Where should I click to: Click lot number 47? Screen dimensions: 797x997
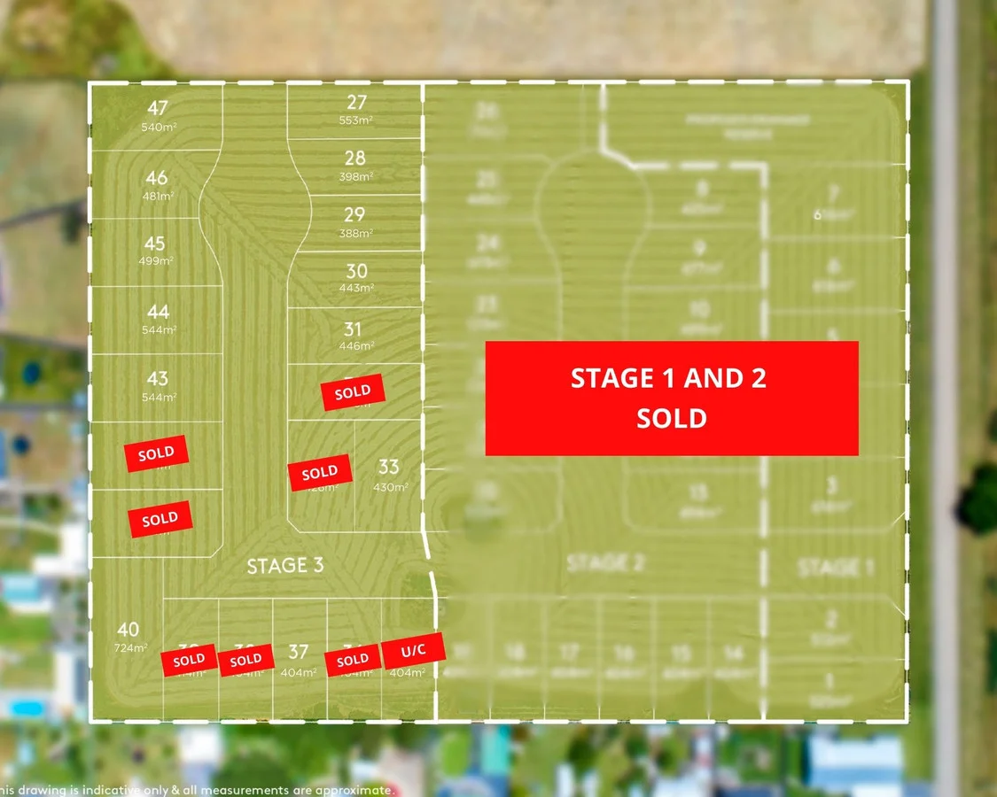(x=158, y=109)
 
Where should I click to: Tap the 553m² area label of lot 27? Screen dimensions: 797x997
(x=356, y=120)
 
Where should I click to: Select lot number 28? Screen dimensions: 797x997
(x=355, y=159)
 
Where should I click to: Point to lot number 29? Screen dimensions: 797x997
(x=354, y=214)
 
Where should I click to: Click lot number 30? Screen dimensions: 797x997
(x=356, y=271)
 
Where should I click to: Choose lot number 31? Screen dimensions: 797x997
(x=353, y=329)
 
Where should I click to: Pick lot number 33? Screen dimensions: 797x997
(x=388, y=467)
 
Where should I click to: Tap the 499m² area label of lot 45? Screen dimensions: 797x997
(x=155, y=261)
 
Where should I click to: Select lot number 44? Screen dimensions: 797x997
(x=159, y=312)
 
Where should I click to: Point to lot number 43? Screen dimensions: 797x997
(x=157, y=379)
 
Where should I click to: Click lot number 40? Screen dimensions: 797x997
(x=128, y=630)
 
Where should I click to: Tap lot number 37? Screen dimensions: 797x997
(x=299, y=652)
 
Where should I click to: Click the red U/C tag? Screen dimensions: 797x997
(x=413, y=651)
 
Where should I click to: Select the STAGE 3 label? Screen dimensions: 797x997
(x=284, y=566)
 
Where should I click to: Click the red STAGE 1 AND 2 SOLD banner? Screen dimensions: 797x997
(x=672, y=398)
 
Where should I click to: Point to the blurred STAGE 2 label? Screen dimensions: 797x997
(x=604, y=562)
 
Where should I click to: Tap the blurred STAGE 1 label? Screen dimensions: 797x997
(x=830, y=567)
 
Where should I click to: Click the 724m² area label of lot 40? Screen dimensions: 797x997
(x=129, y=647)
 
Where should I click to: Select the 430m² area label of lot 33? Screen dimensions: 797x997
(x=390, y=487)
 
